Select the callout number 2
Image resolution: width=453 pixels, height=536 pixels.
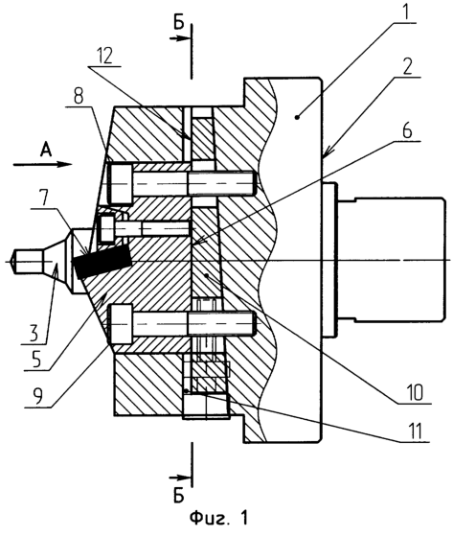point(406,67)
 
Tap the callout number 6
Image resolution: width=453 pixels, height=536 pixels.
point(407,131)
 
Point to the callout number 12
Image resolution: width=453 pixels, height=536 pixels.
point(103,56)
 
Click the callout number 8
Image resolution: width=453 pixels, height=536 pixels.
point(79,97)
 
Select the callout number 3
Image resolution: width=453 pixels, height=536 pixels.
point(34,334)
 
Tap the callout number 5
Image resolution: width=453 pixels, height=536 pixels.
point(36,360)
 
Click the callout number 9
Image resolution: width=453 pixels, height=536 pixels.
point(38,396)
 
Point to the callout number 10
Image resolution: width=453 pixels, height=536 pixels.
point(414,393)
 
